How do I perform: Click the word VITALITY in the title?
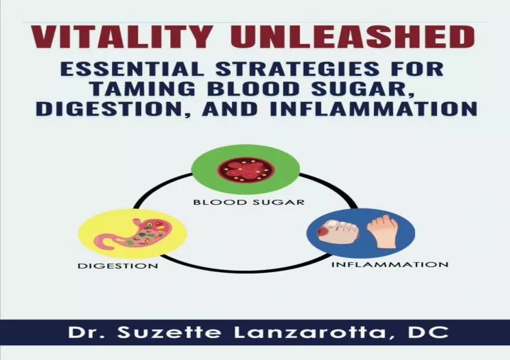(121, 37)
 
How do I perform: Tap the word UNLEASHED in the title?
(353, 37)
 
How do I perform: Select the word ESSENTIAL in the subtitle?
(133, 69)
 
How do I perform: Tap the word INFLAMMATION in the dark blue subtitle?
(374, 108)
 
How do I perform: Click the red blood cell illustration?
(245, 169)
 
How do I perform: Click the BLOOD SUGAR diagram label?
(249, 202)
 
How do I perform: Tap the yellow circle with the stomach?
(133, 234)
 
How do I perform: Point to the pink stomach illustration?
(133, 234)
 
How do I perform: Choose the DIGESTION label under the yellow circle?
(118, 266)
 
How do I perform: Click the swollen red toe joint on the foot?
(324, 232)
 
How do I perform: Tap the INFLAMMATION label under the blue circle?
(389, 264)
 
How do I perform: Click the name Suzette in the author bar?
(169, 332)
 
